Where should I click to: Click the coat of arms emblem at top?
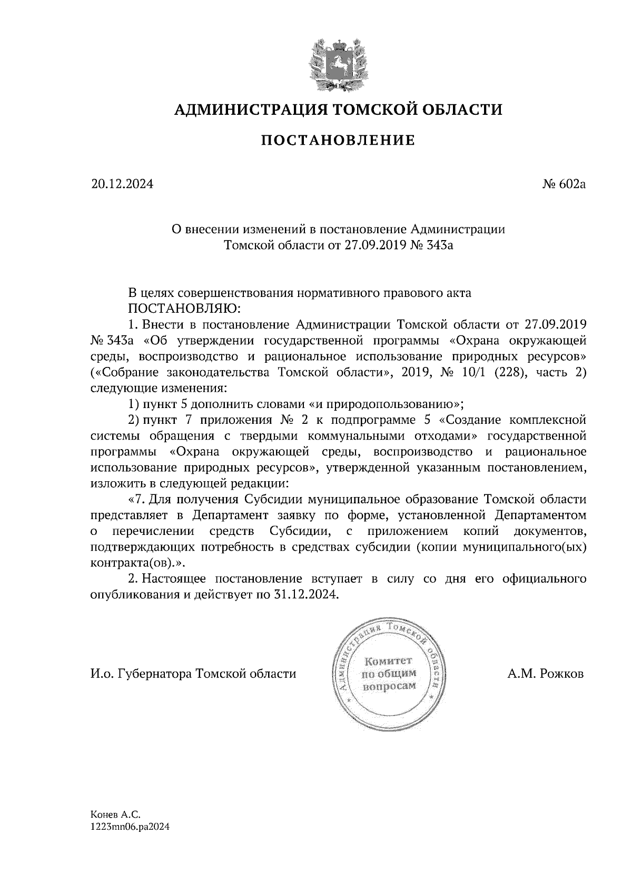coord(337,62)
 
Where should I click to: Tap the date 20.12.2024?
coord(122,185)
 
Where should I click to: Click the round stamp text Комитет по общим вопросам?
coord(389,673)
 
